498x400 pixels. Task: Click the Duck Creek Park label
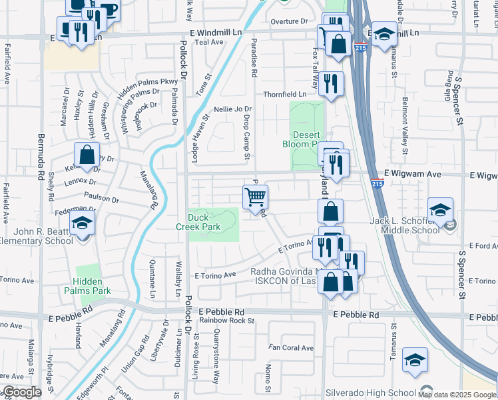(x=204, y=222)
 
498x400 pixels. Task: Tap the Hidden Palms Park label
(x=87, y=286)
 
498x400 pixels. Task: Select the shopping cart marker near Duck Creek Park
(x=255, y=198)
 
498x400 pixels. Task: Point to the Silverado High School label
(x=370, y=393)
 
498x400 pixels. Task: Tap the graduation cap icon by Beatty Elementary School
(x=83, y=223)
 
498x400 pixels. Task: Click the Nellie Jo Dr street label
(x=232, y=109)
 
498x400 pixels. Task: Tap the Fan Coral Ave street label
(x=290, y=348)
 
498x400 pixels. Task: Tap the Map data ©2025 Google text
(x=456, y=395)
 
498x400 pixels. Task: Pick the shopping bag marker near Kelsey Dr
(x=87, y=155)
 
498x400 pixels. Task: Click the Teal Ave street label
(x=209, y=42)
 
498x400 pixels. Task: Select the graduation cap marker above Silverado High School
(x=415, y=360)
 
